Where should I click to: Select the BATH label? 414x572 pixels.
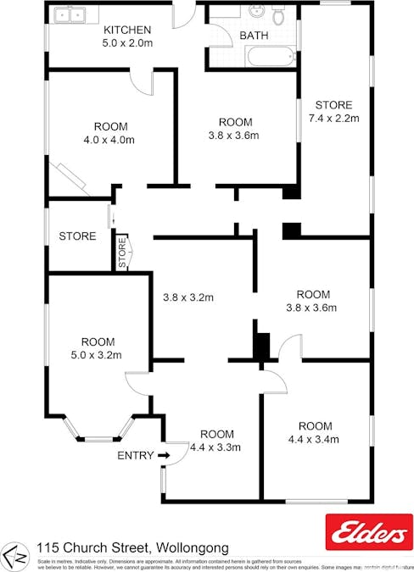pos(254,36)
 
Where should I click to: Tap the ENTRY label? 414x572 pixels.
pos(136,456)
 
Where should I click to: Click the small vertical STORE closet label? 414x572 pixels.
pos(121,253)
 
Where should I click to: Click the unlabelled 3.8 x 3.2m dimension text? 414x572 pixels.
pos(187,297)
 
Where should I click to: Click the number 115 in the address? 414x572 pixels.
pos(48,549)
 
